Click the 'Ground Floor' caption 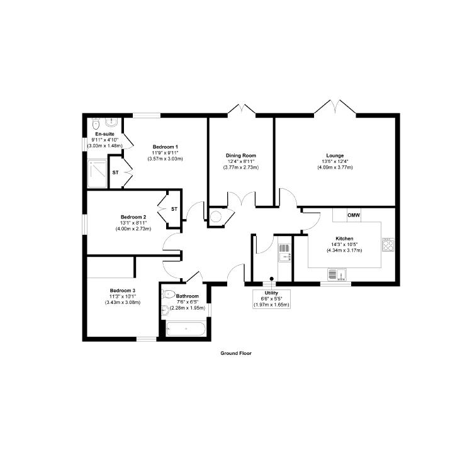[x=236, y=354]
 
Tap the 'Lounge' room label [x=335, y=155]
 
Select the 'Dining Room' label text [x=242, y=155]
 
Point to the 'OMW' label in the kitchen [x=354, y=215]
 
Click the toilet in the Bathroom [x=168, y=293]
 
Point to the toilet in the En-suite [x=96, y=121]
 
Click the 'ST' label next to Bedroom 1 [x=115, y=172]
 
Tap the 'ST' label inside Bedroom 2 [x=174, y=209]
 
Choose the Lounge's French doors [x=335, y=107]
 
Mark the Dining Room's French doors [x=242, y=109]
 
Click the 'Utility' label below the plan [x=271, y=293]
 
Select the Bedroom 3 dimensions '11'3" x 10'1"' [x=123, y=296]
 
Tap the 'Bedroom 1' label [x=165, y=147]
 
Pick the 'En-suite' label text [x=104, y=134]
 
